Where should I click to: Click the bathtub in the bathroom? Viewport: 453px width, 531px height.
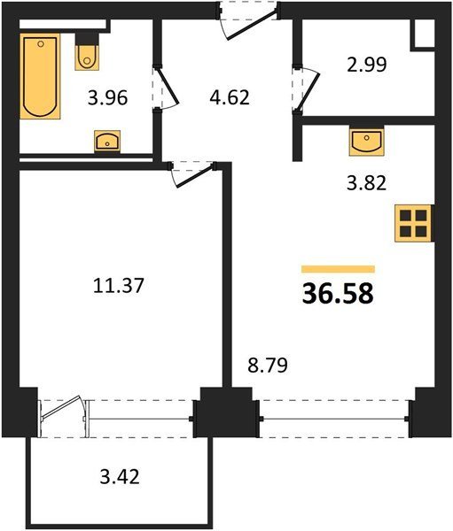(x=40, y=76)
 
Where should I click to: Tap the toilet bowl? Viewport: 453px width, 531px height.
(x=87, y=57)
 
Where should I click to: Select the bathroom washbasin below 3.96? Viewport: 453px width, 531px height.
(x=107, y=141)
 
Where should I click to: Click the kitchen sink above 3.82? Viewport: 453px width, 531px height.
(x=366, y=142)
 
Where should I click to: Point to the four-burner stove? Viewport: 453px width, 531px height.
(x=413, y=224)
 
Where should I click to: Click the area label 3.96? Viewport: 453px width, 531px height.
(x=107, y=98)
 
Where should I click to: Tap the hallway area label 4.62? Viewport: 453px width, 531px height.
(x=230, y=97)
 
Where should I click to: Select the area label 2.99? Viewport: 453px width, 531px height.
(x=367, y=65)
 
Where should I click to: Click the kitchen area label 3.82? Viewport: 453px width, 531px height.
(x=366, y=183)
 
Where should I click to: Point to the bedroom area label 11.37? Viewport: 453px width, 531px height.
(x=119, y=285)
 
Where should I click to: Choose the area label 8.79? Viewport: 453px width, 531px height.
(x=268, y=366)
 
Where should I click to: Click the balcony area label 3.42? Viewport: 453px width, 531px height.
(x=120, y=477)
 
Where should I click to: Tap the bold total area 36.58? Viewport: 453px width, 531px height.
(x=338, y=293)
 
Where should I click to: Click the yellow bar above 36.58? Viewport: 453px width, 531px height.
(x=339, y=269)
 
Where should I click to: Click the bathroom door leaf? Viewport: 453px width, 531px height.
(x=168, y=86)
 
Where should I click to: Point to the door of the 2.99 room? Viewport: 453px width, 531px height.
(x=309, y=92)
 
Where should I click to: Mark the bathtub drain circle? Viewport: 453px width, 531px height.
(x=41, y=43)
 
